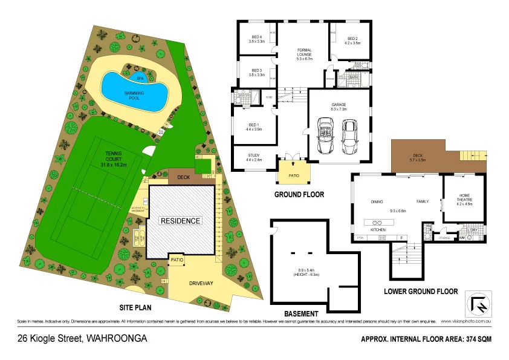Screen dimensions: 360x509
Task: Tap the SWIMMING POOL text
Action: (x=134, y=95)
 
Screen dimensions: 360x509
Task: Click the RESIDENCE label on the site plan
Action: (x=180, y=221)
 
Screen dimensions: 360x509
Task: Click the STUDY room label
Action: (x=254, y=157)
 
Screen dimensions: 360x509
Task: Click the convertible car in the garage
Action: (x=325, y=134)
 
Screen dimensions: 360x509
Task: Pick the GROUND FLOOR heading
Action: (x=299, y=195)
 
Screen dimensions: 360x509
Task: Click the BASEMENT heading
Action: (x=300, y=313)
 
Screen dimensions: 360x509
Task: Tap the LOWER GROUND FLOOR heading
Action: (x=421, y=291)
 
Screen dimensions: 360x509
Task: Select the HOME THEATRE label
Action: (x=464, y=201)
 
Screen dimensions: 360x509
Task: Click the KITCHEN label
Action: (x=378, y=231)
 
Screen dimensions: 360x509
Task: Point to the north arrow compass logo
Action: (x=478, y=303)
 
